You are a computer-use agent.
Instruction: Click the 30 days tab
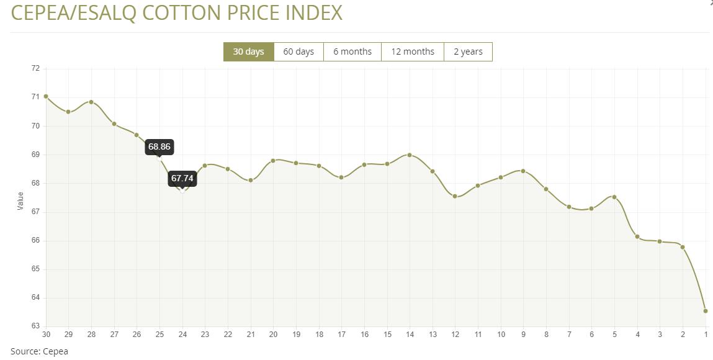click(248, 52)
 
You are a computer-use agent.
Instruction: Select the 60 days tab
click(298, 52)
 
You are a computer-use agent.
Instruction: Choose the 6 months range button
click(352, 52)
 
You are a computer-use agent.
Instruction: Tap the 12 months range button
click(413, 52)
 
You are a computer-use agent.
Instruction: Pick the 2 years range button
click(468, 52)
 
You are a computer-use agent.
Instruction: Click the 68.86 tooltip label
click(159, 147)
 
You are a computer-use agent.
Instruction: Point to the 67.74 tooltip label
click(182, 178)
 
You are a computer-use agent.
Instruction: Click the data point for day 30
click(46, 96)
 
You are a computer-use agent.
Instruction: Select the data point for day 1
click(706, 311)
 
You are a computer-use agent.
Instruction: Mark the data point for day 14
click(410, 155)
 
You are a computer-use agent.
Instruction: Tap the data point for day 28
click(91, 102)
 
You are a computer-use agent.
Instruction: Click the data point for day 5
click(614, 197)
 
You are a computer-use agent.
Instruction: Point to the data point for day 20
click(273, 161)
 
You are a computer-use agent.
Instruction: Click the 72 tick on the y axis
click(35, 68)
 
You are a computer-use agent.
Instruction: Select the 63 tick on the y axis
click(35, 326)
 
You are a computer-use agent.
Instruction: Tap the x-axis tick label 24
click(182, 335)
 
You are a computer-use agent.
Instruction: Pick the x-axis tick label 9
click(523, 335)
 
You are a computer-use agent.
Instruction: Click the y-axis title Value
click(20, 200)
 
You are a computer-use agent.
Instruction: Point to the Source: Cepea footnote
click(39, 351)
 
